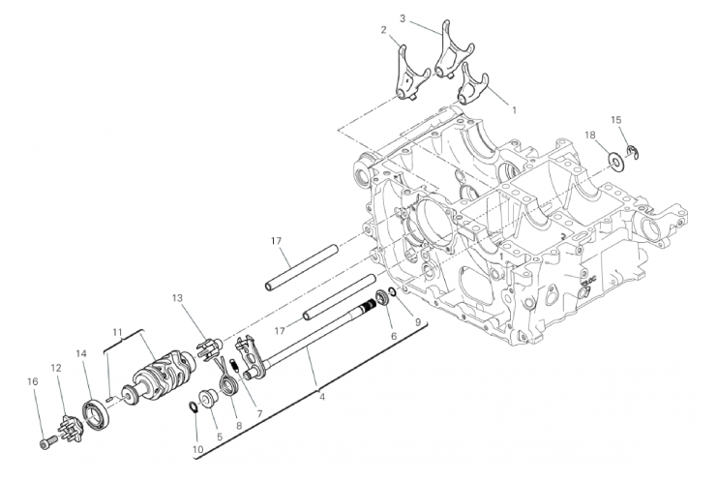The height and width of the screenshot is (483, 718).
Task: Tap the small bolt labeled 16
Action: pyautogui.click(x=46, y=443)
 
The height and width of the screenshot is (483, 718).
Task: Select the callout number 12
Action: pyautogui.click(x=56, y=368)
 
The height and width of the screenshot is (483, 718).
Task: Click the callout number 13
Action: pyautogui.click(x=177, y=298)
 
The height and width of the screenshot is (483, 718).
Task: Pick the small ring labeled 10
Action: pyautogui.click(x=194, y=407)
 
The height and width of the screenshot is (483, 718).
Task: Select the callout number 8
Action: pyautogui.click(x=239, y=425)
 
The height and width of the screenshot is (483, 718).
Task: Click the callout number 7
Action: pyautogui.click(x=259, y=413)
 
